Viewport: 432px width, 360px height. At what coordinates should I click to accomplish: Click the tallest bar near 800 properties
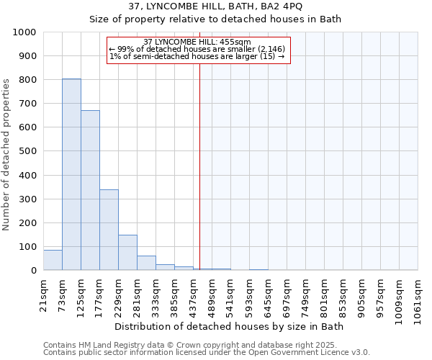[71, 174]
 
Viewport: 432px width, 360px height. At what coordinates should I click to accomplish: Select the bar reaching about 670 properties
[90, 190]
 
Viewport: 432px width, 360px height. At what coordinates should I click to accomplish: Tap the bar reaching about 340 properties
[109, 230]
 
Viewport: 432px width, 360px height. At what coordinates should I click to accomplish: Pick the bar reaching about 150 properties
[127, 252]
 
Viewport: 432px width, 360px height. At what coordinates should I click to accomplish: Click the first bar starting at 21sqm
[53, 260]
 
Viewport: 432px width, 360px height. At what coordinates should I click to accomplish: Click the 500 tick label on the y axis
[27, 151]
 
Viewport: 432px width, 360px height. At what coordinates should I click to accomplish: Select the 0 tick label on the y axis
[33, 271]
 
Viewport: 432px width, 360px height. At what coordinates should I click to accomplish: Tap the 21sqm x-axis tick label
[44, 293]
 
